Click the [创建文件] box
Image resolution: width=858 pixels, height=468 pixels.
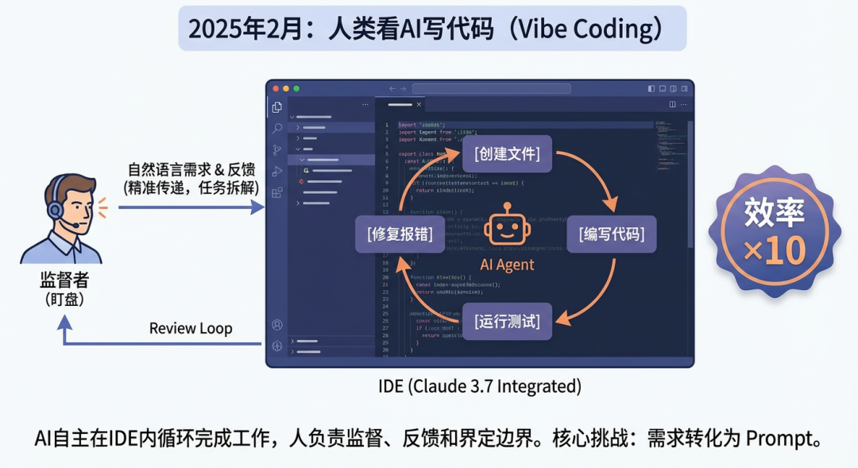(x=507, y=153)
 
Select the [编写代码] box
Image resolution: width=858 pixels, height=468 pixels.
(x=612, y=234)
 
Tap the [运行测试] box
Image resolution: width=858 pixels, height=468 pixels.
(x=508, y=321)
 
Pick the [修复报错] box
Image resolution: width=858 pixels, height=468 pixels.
(x=400, y=234)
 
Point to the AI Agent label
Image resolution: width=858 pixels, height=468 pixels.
(x=508, y=265)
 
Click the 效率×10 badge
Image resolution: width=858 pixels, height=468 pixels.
(x=775, y=230)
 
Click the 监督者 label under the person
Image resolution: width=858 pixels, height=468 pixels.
(x=61, y=280)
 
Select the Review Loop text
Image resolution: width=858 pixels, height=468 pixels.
(x=191, y=329)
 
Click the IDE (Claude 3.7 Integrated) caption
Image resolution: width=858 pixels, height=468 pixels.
(x=480, y=387)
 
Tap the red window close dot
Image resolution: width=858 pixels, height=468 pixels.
(x=276, y=88)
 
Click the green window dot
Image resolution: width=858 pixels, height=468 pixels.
(x=296, y=88)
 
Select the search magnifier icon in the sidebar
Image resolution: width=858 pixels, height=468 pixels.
(x=277, y=129)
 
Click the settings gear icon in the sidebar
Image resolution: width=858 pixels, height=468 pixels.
(x=277, y=346)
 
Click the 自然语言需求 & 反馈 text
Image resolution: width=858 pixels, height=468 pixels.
(x=191, y=171)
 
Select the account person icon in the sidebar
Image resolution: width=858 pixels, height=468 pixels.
(x=277, y=325)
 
